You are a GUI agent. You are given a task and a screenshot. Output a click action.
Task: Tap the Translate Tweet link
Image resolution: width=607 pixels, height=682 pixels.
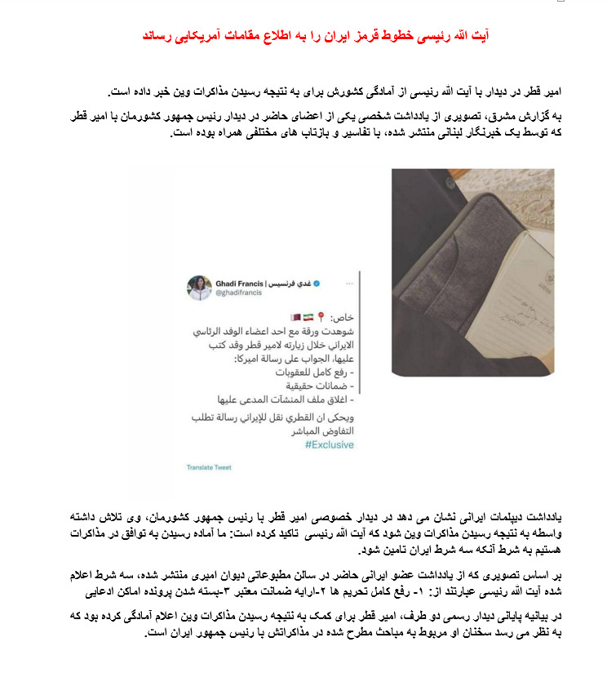[x=209, y=468]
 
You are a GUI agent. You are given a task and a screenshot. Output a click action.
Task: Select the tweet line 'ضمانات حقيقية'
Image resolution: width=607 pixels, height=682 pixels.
[x=319, y=386]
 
